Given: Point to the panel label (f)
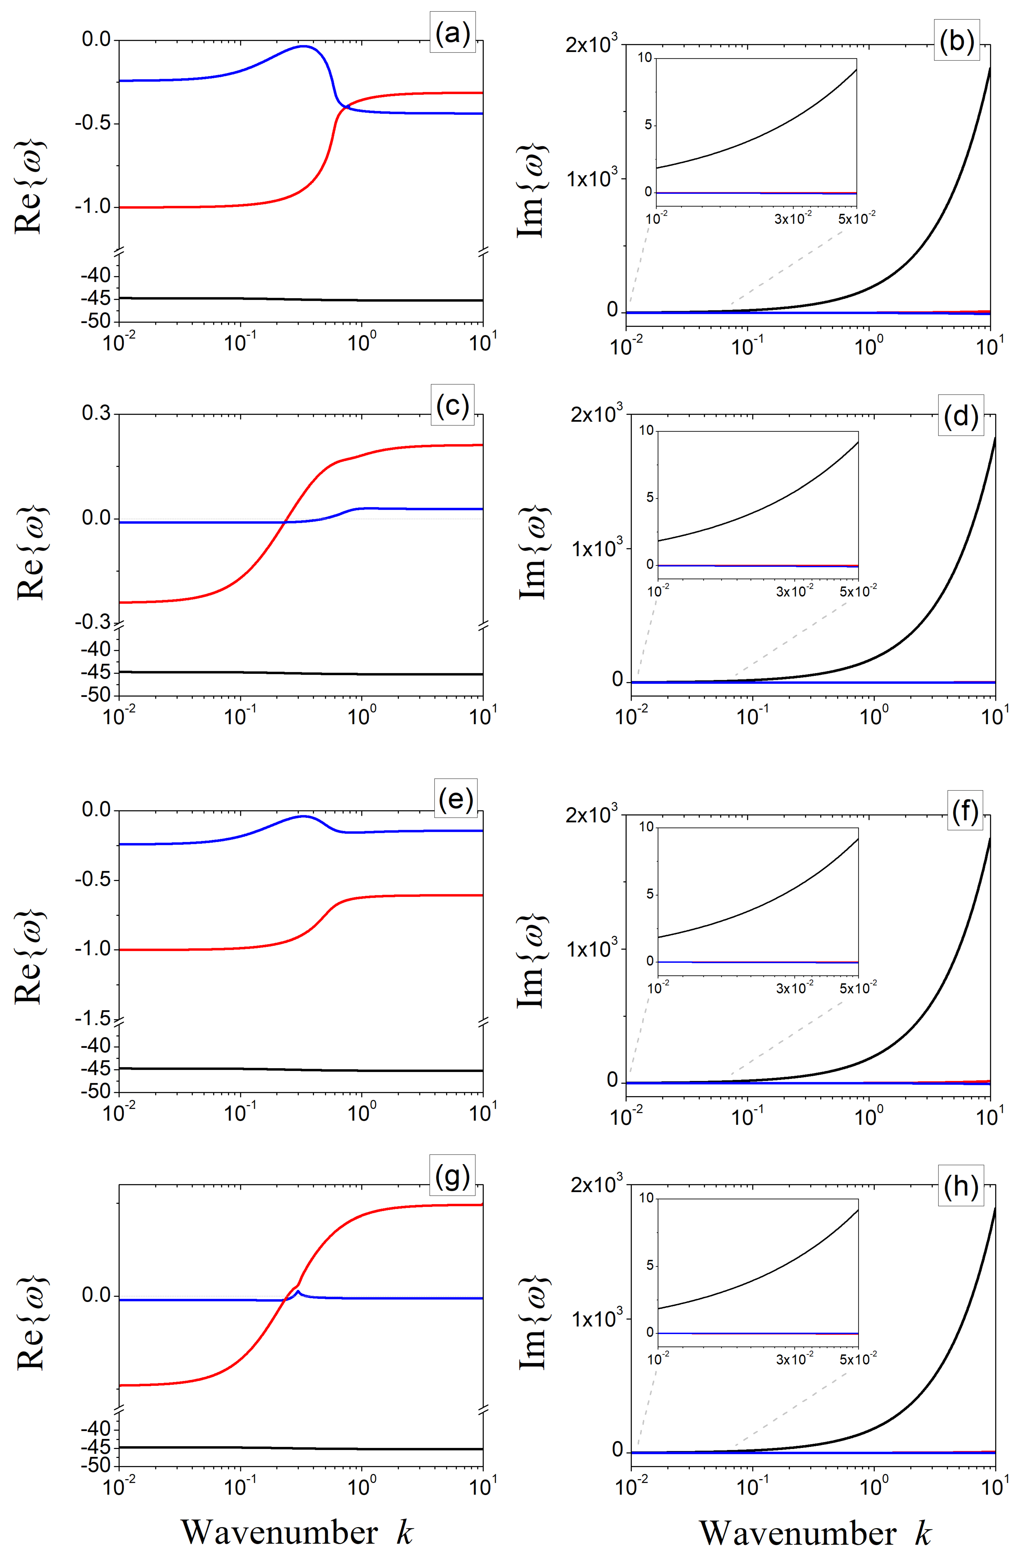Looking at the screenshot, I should pos(964,812).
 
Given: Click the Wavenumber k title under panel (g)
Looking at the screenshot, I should pos(297,1532).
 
